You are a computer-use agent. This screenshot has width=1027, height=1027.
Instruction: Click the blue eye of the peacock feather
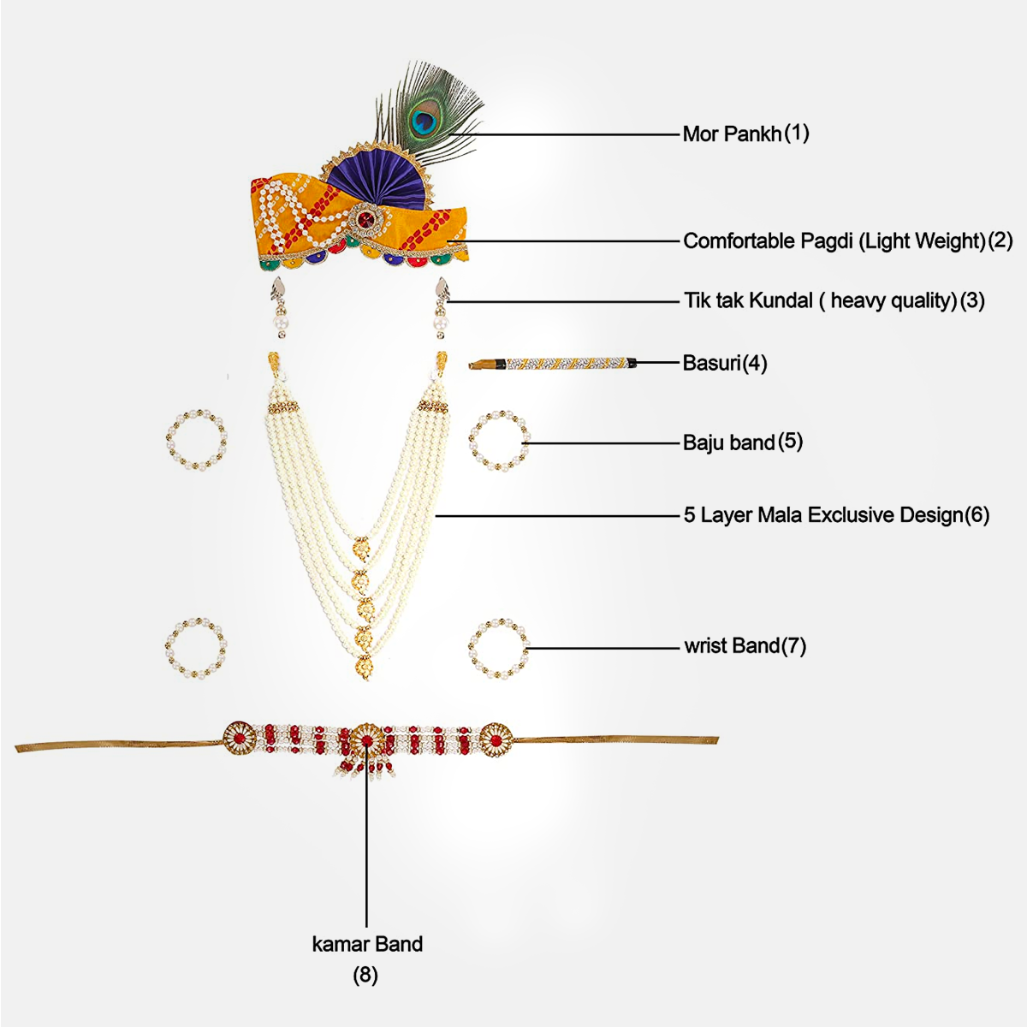tap(421, 120)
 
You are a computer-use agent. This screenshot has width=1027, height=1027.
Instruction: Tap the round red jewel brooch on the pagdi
tap(365, 222)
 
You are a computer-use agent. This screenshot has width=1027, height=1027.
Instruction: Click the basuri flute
tap(552, 363)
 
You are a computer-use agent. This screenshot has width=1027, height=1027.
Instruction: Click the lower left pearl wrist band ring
tap(196, 647)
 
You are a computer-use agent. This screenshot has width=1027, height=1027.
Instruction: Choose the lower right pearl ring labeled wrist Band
tap(499, 648)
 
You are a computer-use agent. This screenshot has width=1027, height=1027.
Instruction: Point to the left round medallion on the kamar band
tap(239, 739)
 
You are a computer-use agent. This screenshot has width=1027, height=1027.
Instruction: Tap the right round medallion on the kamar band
tap(495, 739)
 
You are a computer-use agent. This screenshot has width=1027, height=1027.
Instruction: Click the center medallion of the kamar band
tap(366, 740)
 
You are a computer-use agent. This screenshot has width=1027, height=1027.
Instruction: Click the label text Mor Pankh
tap(732, 134)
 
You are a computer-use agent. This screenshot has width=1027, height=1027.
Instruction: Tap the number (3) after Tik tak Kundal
tap(972, 300)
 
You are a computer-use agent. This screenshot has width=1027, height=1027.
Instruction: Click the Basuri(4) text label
tap(725, 363)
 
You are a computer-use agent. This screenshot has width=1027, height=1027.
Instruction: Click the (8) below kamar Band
tap(365, 975)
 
